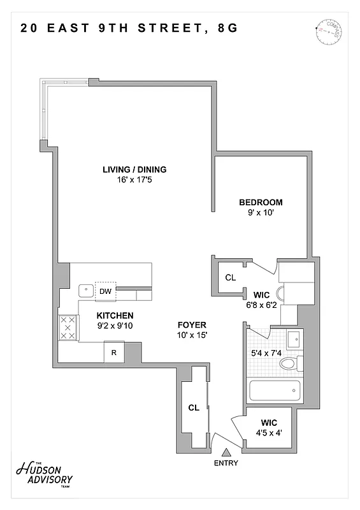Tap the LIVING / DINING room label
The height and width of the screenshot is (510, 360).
pos(134,170)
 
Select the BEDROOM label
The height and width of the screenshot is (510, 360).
pos(261,203)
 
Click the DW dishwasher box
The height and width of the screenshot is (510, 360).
pos(106,291)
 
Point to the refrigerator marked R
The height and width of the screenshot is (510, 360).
pos(113,352)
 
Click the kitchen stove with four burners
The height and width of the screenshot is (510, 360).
pos(68,328)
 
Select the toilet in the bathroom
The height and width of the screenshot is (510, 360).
pos(290,364)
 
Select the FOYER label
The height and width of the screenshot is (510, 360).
pos(191,324)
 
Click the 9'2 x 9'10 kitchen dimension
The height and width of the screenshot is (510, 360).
pos(115,326)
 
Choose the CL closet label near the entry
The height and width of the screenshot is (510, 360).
pos(194,407)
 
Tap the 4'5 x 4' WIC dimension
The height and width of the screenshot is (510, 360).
pos(268,432)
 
